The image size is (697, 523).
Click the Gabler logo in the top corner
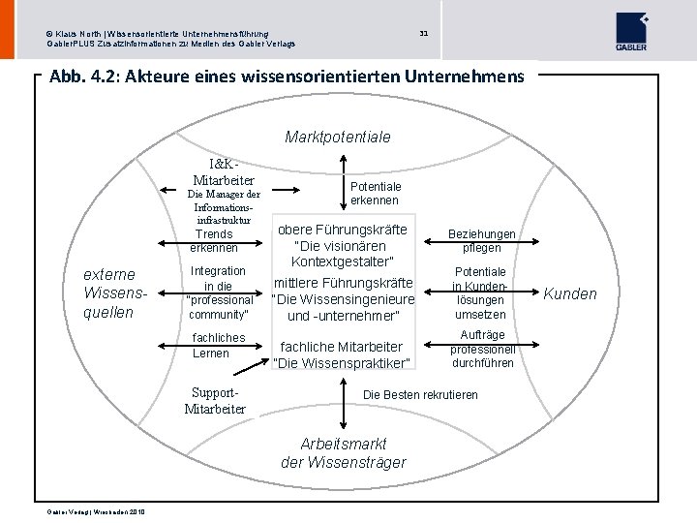coord(631,31)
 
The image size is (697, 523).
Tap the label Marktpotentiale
coord(338,138)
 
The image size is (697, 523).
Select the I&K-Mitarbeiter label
coord(224,172)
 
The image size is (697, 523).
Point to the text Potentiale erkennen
coord(375,193)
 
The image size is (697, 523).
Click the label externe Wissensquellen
coord(108,292)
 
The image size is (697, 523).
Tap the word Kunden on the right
coord(570,293)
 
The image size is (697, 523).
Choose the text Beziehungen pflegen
coord(481,241)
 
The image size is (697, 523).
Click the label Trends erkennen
coord(214,241)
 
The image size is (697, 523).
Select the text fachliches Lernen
coord(219,345)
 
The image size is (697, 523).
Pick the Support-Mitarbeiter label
coord(215,401)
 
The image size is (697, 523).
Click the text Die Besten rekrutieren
coord(420,395)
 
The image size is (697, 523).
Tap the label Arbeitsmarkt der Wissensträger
coord(344,453)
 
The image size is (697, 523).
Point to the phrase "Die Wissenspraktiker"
coord(342,363)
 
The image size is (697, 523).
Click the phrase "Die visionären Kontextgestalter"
coord(343,255)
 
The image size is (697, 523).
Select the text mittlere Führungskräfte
coord(343,283)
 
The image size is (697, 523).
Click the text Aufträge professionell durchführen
coord(481,349)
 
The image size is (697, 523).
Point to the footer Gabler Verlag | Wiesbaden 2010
coord(96,511)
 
